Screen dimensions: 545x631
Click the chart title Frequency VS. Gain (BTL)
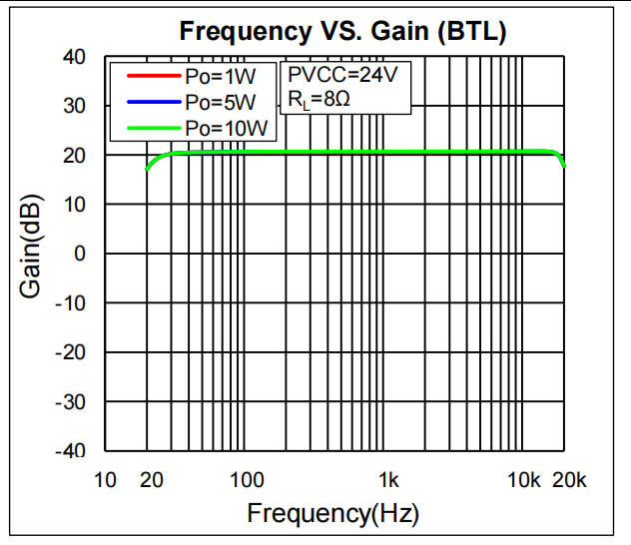(343, 31)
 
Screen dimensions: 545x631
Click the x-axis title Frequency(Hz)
(333, 514)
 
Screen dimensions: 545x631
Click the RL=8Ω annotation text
(319, 101)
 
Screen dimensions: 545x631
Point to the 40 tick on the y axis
(74, 57)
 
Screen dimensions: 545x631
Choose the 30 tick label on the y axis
(74, 106)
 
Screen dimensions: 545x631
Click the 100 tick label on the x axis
(247, 481)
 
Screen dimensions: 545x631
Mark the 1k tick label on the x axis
(388, 481)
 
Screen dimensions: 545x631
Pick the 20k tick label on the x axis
(569, 481)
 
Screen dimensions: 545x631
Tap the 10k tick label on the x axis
(524, 481)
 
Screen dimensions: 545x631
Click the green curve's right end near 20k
(563, 164)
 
